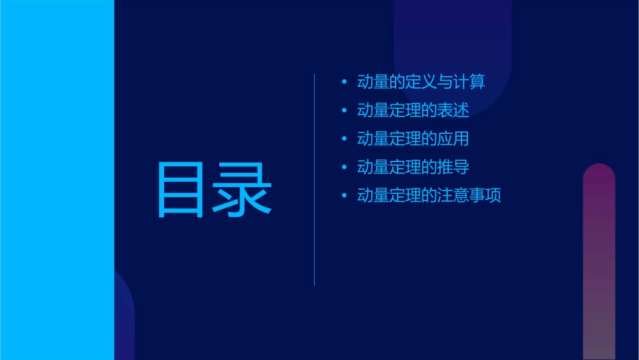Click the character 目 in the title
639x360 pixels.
pyautogui.click(x=180, y=190)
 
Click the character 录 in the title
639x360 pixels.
pyautogui.click(x=243, y=190)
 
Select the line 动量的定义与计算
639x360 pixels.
pyautogui.click(x=421, y=82)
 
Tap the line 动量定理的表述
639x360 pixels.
pyautogui.click(x=413, y=110)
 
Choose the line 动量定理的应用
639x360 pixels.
pyautogui.click(x=413, y=139)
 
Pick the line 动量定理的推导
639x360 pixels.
pyautogui.click(x=413, y=167)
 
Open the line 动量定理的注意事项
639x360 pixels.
pyautogui.click(x=429, y=196)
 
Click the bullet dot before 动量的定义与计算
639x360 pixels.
pyautogui.click(x=344, y=83)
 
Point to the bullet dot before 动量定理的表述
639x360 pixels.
pyautogui.click(x=344, y=111)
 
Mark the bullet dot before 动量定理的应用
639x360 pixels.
pyautogui.click(x=344, y=139)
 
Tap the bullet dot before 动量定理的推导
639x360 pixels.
pyautogui.click(x=344, y=168)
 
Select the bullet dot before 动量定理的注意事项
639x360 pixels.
pyautogui.click(x=344, y=196)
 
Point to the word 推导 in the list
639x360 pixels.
pyautogui.click(x=453, y=167)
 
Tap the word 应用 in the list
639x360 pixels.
pyautogui.click(x=453, y=139)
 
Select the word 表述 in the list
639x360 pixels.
pyautogui.click(x=453, y=110)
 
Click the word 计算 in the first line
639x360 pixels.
pyautogui.click(x=469, y=82)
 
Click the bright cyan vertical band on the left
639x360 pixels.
pyautogui.click(x=57, y=180)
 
